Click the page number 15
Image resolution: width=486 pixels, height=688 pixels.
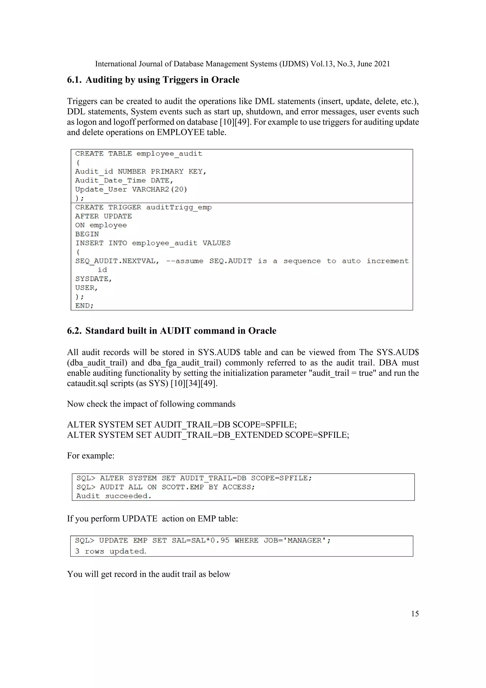pyautogui.click(x=415, y=614)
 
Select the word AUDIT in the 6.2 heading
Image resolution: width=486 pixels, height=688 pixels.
pyautogui.click(x=175, y=331)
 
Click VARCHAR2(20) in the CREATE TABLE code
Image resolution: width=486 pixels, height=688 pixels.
pyautogui.click(x=159, y=189)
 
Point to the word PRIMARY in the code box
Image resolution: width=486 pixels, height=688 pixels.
pyautogui.click(x=167, y=171)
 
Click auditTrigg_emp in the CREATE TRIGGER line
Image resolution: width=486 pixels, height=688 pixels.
pyautogui.click(x=179, y=207)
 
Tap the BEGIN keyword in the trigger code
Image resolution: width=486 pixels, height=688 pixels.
pyautogui.click(x=87, y=234)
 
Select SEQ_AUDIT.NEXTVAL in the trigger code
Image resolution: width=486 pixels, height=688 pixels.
pyautogui.click(x=117, y=261)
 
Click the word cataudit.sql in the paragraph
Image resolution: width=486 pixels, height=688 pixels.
pyautogui.click(x=87, y=384)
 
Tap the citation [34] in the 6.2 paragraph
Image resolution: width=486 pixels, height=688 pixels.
pyautogui.click(x=193, y=384)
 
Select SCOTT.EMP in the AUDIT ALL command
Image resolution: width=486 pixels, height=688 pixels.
pyautogui.click(x=182, y=487)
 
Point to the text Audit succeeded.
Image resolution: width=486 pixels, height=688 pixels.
pyautogui.click(x=114, y=496)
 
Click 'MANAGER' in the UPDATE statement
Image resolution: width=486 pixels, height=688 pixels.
pyautogui.click(x=304, y=541)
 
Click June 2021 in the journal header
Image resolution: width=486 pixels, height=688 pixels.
pyautogui.click(x=374, y=64)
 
